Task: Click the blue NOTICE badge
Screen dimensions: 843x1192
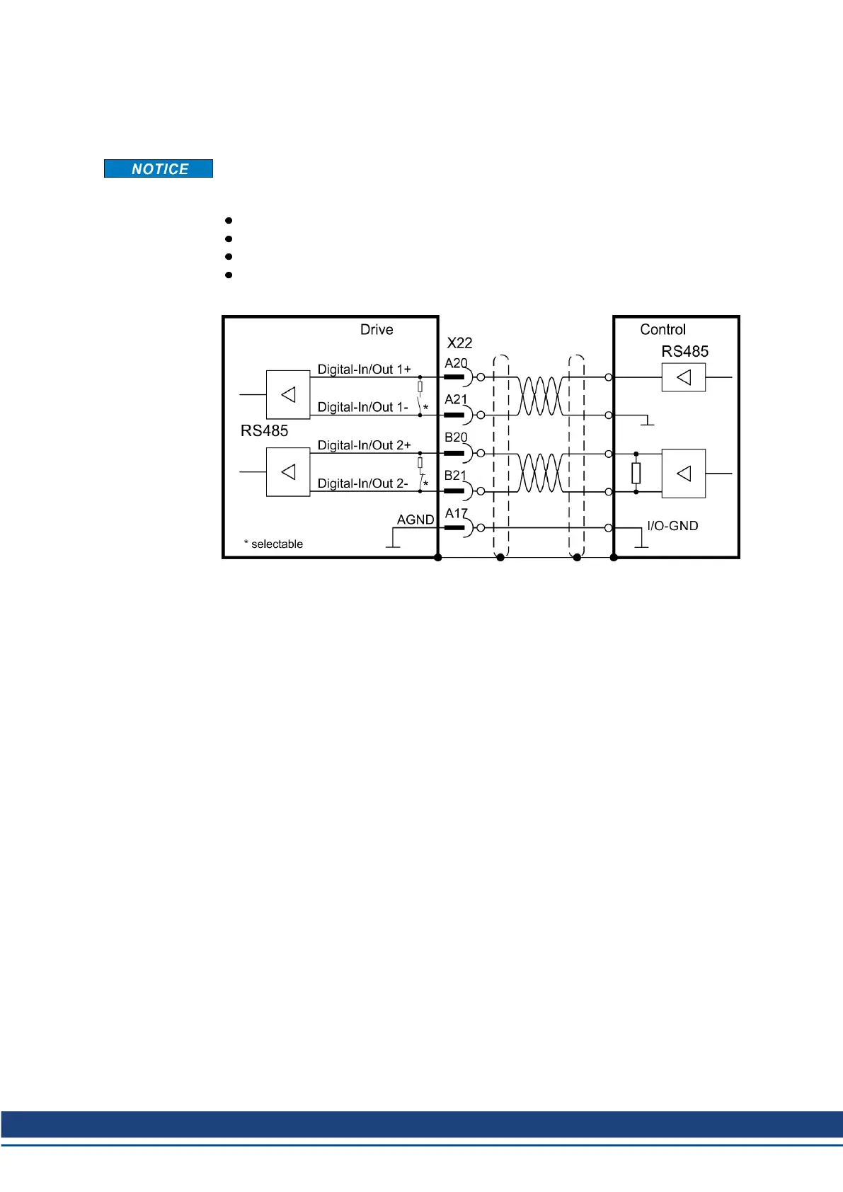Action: pyautogui.click(x=159, y=168)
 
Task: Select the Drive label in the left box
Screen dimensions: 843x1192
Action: pyautogui.click(x=377, y=330)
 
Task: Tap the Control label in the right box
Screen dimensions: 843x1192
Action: pyautogui.click(x=663, y=330)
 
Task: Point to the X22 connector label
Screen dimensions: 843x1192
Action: pyautogui.click(x=459, y=343)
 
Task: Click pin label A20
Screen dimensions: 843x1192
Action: pyautogui.click(x=456, y=363)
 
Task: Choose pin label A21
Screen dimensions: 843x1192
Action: pyautogui.click(x=456, y=400)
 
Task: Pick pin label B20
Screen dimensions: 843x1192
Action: pyautogui.click(x=456, y=438)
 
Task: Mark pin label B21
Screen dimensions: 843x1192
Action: pyautogui.click(x=456, y=476)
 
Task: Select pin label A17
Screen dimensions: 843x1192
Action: pyautogui.click(x=456, y=514)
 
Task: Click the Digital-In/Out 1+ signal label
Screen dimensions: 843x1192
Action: pyautogui.click(x=364, y=369)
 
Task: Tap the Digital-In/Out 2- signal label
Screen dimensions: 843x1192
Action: pyautogui.click(x=362, y=483)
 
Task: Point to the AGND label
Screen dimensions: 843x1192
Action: pyautogui.click(x=415, y=520)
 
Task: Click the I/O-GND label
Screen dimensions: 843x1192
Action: pyautogui.click(x=672, y=526)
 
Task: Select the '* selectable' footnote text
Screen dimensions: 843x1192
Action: pyautogui.click(x=273, y=544)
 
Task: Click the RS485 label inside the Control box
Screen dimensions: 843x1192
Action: pyautogui.click(x=684, y=352)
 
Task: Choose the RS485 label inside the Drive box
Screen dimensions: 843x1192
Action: pyautogui.click(x=264, y=431)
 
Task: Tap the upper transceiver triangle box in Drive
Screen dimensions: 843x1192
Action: pyautogui.click(x=288, y=395)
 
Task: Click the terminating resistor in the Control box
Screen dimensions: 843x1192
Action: pyautogui.click(x=636, y=473)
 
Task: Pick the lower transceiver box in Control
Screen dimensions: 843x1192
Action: pyautogui.click(x=684, y=474)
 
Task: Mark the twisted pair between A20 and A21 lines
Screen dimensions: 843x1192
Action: pyautogui.click(x=541, y=396)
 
